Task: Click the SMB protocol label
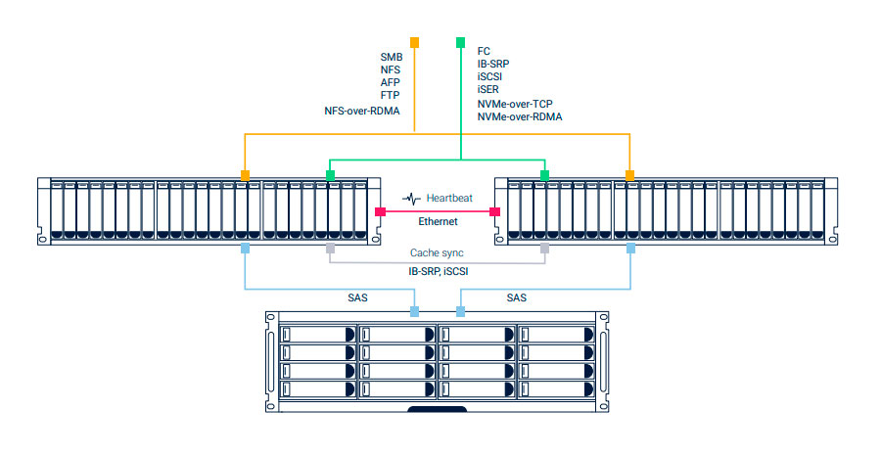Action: click(391, 57)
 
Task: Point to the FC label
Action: click(484, 50)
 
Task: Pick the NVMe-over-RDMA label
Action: click(520, 116)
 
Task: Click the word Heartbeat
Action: click(449, 199)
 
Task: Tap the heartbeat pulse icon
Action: click(413, 199)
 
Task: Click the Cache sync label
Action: click(437, 252)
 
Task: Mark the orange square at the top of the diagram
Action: click(414, 42)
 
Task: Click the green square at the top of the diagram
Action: click(461, 42)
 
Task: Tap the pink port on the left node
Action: click(381, 211)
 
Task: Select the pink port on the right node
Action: click(495, 211)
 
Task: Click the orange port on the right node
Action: click(630, 175)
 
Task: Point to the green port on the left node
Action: click(331, 175)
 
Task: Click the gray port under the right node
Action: click(545, 251)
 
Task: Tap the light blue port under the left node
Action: click(245, 251)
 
